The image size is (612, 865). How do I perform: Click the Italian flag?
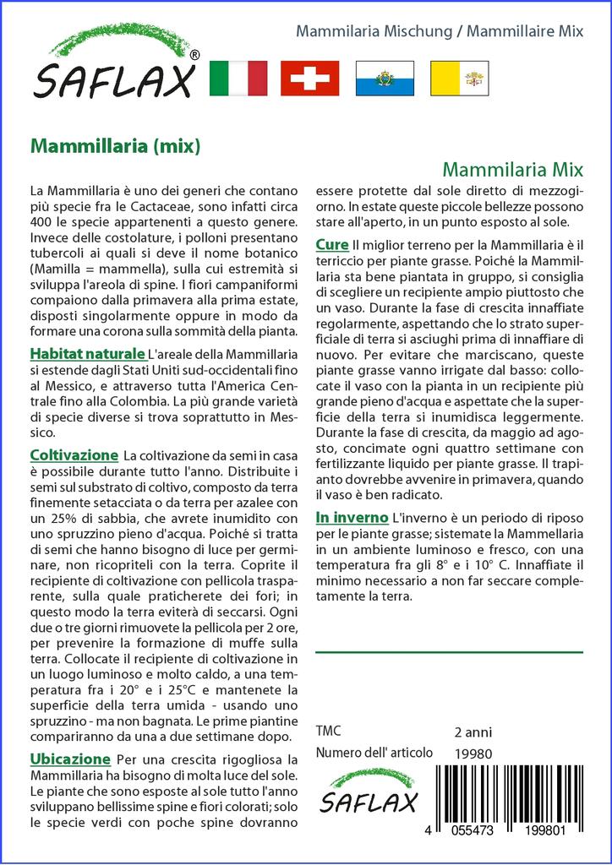click(238, 79)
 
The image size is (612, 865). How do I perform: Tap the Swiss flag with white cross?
click(309, 79)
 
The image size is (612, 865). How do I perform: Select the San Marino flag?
click(384, 79)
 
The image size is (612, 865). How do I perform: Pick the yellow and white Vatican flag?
click(458, 79)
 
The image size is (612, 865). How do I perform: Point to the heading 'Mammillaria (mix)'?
click(115, 146)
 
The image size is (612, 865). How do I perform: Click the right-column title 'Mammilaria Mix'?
click(513, 167)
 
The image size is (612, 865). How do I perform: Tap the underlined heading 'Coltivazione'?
click(74, 455)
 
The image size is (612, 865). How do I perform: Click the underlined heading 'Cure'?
click(331, 245)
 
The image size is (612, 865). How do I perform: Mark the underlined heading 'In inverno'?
click(352, 517)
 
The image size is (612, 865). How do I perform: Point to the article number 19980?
click(473, 753)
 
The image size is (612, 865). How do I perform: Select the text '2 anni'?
click(473, 732)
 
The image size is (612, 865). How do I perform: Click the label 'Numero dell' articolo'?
click(374, 753)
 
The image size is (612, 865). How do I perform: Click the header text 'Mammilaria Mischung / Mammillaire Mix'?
click(439, 31)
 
